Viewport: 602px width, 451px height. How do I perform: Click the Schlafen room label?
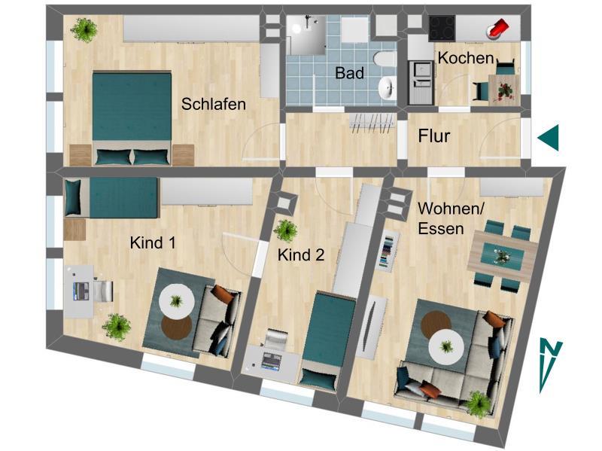214,105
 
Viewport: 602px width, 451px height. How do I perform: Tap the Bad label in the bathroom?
350,73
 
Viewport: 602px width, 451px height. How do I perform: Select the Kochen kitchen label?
466,58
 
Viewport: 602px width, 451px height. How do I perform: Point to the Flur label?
434,136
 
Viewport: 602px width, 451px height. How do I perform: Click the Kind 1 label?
153,242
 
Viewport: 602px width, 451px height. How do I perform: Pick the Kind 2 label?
301,255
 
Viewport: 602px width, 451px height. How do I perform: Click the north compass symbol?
550,365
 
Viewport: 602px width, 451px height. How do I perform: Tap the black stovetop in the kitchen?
441,29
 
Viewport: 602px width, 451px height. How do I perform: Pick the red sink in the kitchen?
498,29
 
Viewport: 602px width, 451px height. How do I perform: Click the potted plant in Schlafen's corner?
84,30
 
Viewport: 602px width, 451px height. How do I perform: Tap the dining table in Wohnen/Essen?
500,256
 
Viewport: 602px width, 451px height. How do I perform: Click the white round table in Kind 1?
178,300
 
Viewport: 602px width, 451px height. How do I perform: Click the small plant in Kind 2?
286,229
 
